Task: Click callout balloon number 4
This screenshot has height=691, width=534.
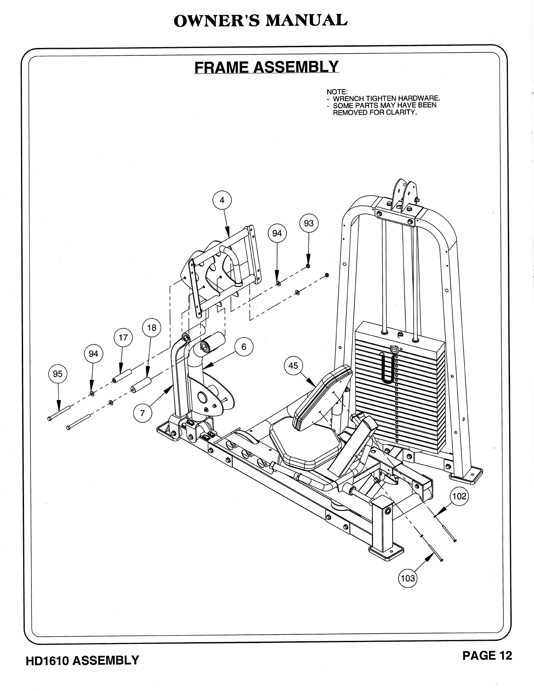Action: coord(222,201)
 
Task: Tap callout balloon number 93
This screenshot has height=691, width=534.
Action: coord(308,223)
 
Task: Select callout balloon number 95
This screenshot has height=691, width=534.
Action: coord(58,374)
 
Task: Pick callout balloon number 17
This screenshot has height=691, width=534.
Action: coord(123,338)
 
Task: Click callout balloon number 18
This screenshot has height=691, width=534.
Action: coord(151,328)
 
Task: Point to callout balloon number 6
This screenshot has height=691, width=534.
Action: coord(244,347)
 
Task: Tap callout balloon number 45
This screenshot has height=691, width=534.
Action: coord(293,366)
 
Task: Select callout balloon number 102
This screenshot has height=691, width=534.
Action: coord(459,496)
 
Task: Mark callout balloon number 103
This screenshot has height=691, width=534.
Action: coord(407,578)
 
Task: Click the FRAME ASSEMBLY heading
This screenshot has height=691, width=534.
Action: coord(266,67)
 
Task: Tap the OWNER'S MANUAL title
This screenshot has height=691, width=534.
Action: coord(260,21)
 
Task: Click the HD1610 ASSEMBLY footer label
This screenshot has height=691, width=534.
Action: coord(82,660)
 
